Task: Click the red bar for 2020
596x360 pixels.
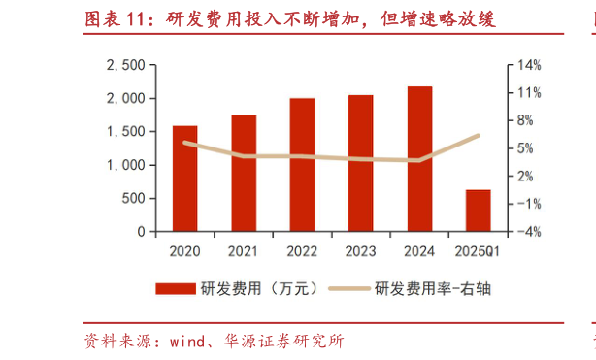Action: point(184,179)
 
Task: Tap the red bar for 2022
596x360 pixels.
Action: point(302,165)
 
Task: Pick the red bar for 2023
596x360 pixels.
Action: point(361,163)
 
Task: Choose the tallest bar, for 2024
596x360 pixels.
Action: point(419,159)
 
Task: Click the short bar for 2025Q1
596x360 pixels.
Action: point(479,211)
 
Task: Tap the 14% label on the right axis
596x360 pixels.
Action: point(529,65)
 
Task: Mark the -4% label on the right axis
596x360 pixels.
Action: point(529,233)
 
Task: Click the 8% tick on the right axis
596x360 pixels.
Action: point(526,121)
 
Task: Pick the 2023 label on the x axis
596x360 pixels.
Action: point(361,251)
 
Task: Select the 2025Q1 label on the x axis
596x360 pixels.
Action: point(478,251)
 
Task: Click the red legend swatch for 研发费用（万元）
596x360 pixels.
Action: point(176,288)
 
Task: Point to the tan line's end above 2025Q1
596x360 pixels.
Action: point(479,136)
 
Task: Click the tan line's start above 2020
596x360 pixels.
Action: point(184,143)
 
